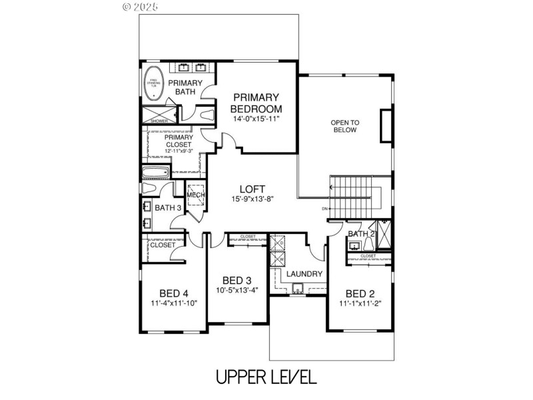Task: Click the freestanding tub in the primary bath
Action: (x=155, y=83)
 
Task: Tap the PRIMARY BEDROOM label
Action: (x=256, y=103)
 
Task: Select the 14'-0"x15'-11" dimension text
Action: (x=256, y=119)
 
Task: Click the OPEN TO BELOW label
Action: (x=346, y=126)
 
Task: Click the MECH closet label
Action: (x=195, y=194)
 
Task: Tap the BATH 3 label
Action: (x=168, y=208)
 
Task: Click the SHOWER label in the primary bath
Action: (x=159, y=121)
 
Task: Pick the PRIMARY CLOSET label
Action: (x=178, y=141)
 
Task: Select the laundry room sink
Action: (x=297, y=288)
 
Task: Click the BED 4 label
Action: (x=174, y=293)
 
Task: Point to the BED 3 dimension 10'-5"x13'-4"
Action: (x=237, y=290)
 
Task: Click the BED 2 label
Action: (x=360, y=293)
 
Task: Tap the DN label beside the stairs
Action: (x=324, y=209)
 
